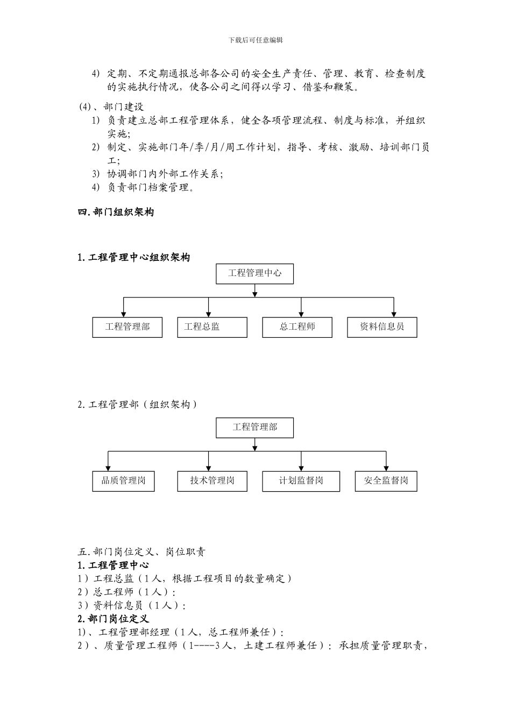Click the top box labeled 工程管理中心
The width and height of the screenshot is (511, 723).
click(x=254, y=273)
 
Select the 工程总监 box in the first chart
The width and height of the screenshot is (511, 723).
click(x=212, y=327)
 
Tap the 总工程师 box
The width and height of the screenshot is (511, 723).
click(x=297, y=327)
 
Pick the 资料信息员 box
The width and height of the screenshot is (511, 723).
click(x=382, y=327)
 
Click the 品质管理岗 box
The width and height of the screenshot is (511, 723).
click(x=123, y=481)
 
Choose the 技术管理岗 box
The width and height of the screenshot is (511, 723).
click(x=212, y=481)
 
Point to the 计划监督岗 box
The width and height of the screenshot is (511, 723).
click(x=301, y=481)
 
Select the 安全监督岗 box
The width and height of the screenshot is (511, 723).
click(x=386, y=481)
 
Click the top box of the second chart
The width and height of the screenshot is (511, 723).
click(x=254, y=428)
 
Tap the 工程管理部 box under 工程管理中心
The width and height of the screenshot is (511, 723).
click(x=127, y=327)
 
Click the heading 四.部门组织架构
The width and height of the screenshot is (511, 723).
click(x=116, y=212)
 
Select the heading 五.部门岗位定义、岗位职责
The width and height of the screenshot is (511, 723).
click(x=141, y=552)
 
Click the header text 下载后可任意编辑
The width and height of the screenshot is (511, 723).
click(x=256, y=40)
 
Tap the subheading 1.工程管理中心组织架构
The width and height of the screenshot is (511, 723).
click(x=134, y=258)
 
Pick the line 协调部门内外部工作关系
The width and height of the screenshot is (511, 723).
click(x=164, y=174)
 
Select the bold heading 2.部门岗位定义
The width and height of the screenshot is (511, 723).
click(x=113, y=619)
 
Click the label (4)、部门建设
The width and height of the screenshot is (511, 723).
click(x=111, y=107)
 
